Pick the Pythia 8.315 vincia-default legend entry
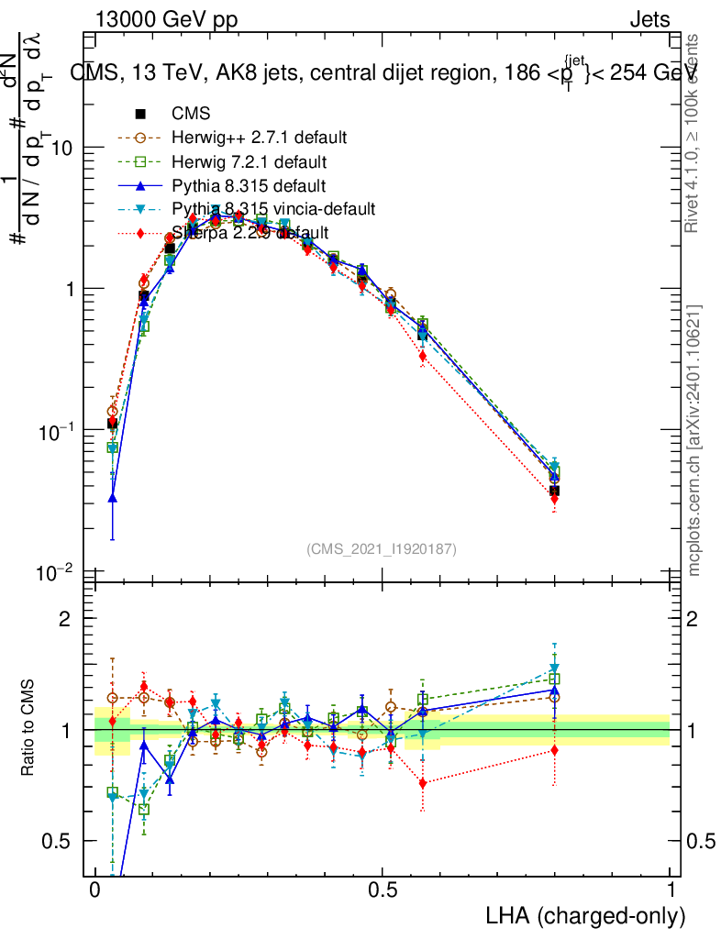tap(273, 209)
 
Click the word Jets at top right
tap(649, 20)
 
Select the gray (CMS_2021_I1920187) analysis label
tap(382, 548)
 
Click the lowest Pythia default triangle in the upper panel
tap(113, 498)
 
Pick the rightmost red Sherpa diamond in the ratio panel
tap(554, 750)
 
